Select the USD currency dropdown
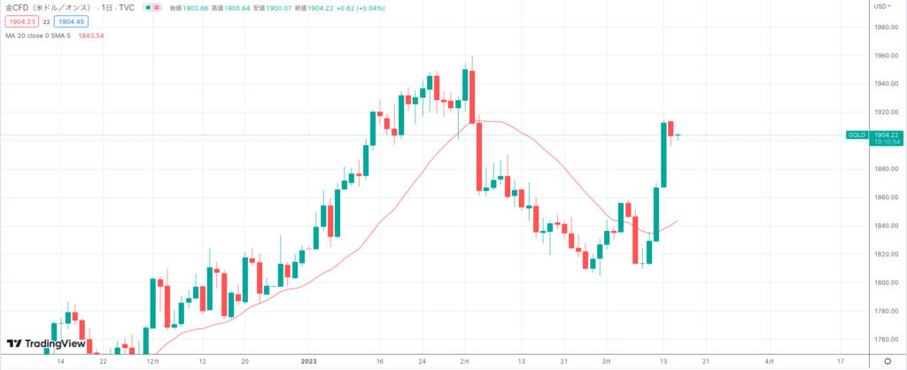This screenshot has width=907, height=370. pyautogui.click(x=882, y=6)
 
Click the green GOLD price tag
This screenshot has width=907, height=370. pyautogui.click(x=857, y=135)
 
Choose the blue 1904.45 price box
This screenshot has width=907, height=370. pyautogui.click(x=68, y=20)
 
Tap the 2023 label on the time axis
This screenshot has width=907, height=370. pyautogui.click(x=309, y=362)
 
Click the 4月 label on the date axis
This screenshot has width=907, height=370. pyautogui.click(x=769, y=362)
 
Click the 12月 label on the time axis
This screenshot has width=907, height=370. pyautogui.click(x=152, y=362)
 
